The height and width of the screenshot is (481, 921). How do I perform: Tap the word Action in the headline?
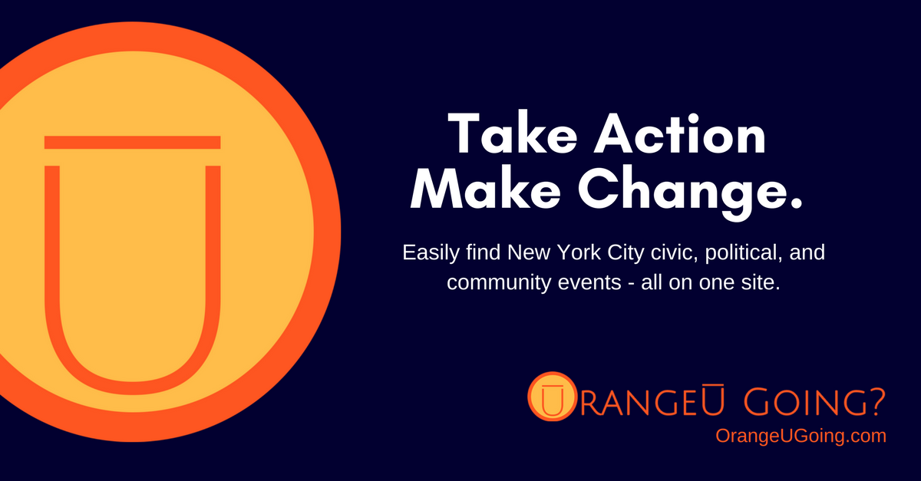pos(681,133)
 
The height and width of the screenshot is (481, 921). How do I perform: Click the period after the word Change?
pos(795,203)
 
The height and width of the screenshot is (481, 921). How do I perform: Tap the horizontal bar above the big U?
pos(132,142)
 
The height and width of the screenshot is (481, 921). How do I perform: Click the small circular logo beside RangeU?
pos(552,397)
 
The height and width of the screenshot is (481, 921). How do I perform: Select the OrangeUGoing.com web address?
pos(801,436)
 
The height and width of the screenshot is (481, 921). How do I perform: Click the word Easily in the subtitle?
pos(431,252)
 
